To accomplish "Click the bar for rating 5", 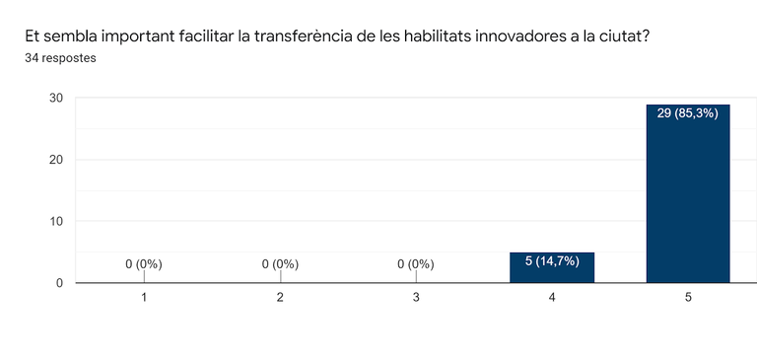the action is (x=688, y=193).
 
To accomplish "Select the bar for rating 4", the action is (x=552, y=267).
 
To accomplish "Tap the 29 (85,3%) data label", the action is (x=688, y=114).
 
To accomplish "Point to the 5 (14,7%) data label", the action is (x=552, y=262).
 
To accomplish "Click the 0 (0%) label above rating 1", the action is (x=144, y=264).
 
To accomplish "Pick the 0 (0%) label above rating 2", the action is (x=280, y=264).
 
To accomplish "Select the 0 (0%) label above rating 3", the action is (x=416, y=264).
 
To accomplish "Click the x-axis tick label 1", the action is (x=144, y=298).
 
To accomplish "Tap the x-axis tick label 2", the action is (x=280, y=298).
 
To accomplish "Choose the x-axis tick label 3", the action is (x=416, y=298).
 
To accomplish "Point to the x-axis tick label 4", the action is (x=552, y=298).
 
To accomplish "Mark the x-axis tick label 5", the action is (x=688, y=298).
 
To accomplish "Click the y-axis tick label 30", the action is (x=56, y=98).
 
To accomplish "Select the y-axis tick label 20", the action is (x=56, y=160).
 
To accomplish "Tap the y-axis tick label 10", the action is (x=56, y=221).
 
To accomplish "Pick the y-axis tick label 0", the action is (x=60, y=283).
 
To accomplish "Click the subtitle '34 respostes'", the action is (x=60, y=58).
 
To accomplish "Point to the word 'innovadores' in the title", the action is (x=517, y=37).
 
